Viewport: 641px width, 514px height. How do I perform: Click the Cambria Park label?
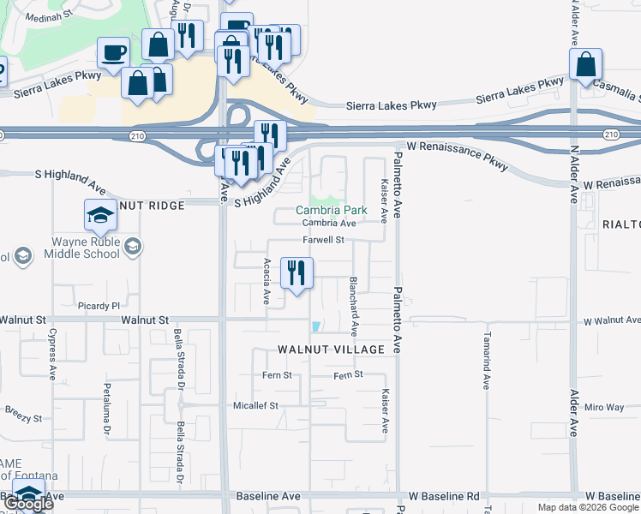[331, 210]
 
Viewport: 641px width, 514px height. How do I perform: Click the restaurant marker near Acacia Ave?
[297, 274]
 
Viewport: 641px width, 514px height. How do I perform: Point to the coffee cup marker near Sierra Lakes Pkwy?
[113, 53]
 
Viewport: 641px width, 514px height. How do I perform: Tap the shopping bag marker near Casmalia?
[585, 65]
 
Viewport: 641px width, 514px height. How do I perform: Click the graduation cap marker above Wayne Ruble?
[100, 214]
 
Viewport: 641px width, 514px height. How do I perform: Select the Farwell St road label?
[322, 240]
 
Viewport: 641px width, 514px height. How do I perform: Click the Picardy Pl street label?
[94, 306]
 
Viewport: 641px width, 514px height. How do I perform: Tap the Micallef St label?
[256, 405]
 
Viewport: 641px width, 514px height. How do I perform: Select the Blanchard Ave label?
[353, 306]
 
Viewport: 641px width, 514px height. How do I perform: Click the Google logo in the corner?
[28, 504]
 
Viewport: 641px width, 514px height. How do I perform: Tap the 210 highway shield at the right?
[610, 134]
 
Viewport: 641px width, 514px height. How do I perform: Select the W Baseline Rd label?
[444, 497]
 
